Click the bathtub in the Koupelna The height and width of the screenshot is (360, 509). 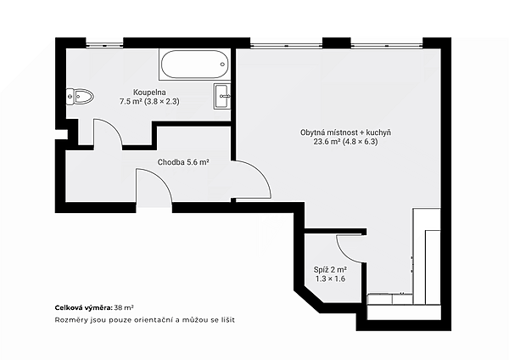click(194, 64)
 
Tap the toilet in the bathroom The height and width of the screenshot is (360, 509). click(80, 97)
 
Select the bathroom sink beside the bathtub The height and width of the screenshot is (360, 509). click(222, 96)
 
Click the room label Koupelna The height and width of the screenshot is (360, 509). click(149, 93)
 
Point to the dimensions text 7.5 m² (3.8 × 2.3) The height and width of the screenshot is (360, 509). click(149, 102)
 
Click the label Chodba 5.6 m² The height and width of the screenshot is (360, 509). click(183, 162)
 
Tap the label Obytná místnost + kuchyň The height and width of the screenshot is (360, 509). click(345, 132)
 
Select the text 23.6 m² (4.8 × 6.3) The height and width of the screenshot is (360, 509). click(345, 142)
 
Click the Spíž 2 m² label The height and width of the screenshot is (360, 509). click(330, 270)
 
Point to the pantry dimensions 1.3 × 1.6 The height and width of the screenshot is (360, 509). click(330, 278)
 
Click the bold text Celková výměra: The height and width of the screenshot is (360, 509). click(84, 307)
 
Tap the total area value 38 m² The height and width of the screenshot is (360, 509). click(125, 307)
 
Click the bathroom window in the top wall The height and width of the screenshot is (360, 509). click(104, 45)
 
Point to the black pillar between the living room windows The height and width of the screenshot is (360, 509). click(337, 43)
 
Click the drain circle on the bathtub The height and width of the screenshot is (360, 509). click(223, 64)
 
